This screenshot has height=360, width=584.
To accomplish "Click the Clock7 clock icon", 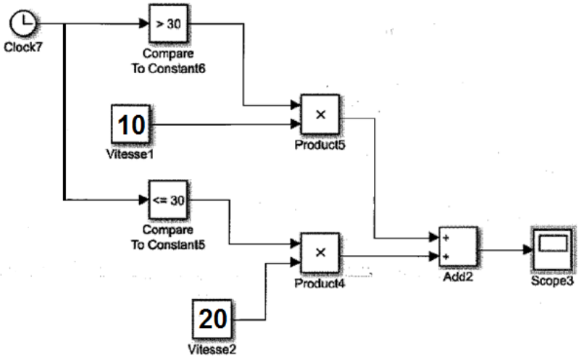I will coord(25,25).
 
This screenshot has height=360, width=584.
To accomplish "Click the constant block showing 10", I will coord(130,125).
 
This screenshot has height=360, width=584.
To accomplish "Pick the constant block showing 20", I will coord(212,319).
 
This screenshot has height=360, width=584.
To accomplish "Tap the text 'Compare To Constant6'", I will coord(168,62).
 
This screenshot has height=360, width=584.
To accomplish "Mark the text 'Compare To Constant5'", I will coord(167,237).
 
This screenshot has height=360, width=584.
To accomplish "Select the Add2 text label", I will coord(458,277).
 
